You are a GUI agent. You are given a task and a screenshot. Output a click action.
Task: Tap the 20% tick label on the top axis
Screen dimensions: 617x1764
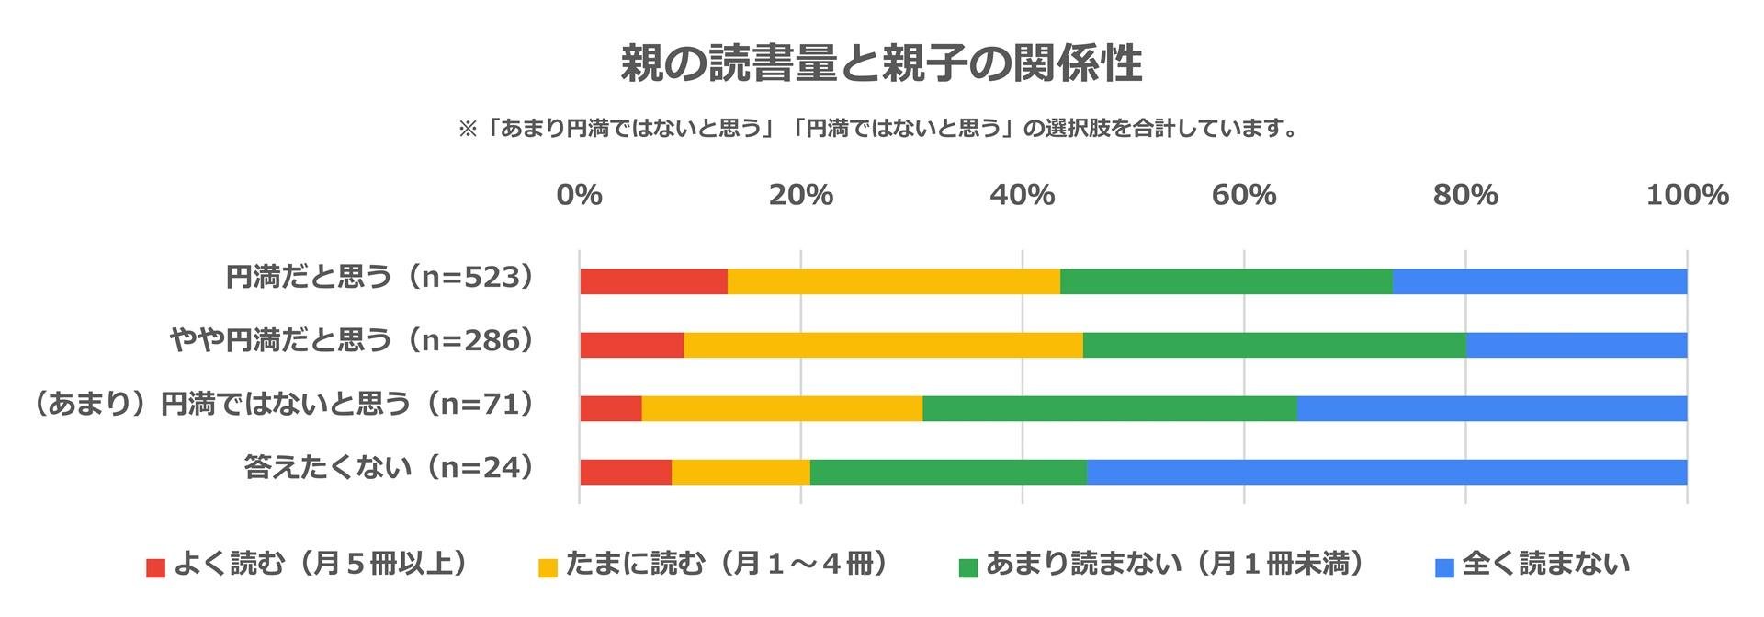point(800,195)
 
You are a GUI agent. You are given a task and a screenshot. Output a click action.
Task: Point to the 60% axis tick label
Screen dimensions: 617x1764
point(1243,195)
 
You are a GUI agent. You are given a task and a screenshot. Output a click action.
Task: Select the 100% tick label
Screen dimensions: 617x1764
point(1686,195)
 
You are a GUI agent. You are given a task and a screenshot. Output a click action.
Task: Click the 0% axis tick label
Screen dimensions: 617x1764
point(579,195)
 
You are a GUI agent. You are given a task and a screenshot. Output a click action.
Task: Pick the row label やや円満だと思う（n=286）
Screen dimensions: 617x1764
point(353,340)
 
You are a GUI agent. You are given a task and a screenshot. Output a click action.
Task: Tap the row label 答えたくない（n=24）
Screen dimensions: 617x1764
point(390,467)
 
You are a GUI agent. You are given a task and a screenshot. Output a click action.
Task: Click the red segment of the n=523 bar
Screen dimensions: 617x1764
point(653,281)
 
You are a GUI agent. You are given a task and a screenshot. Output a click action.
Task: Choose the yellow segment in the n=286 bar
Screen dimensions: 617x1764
point(883,345)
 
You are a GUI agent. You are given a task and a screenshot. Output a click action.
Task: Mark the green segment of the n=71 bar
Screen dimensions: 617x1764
point(1109,408)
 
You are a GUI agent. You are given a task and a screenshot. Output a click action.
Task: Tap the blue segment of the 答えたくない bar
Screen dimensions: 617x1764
point(1385,472)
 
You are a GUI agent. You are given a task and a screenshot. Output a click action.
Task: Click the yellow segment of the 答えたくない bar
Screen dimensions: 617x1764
point(741,472)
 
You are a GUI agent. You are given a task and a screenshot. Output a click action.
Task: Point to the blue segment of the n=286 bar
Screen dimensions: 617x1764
point(1576,345)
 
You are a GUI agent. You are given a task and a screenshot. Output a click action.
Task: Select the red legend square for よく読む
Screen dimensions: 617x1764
point(155,567)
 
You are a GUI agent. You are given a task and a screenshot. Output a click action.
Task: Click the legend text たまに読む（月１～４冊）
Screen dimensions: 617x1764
point(727,564)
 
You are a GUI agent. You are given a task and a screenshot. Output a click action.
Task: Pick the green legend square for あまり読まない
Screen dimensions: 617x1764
point(967,567)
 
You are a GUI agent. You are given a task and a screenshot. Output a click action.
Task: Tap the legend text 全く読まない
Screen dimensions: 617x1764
point(1546,564)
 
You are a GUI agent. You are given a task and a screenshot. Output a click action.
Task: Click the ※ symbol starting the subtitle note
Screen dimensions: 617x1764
point(468,129)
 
